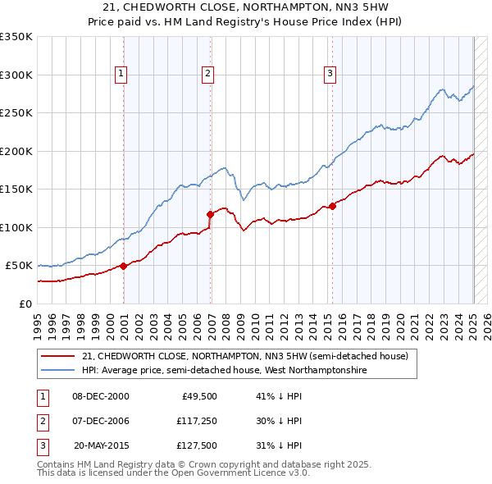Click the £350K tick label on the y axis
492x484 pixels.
click(x=16, y=37)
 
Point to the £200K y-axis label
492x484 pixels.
click(x=16, y=151)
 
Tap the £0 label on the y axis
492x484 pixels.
click(x=25, y=304)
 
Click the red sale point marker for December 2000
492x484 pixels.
click(x=124, y=266)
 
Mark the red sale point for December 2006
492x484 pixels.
click(x=211, y=214)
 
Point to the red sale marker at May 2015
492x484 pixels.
click(x=332, y=206)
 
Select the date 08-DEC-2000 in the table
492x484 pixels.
click(x=101, y=396)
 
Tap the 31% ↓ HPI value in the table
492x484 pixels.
click(x=279, y=445)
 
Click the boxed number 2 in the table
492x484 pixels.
click(x=42, y=421)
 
